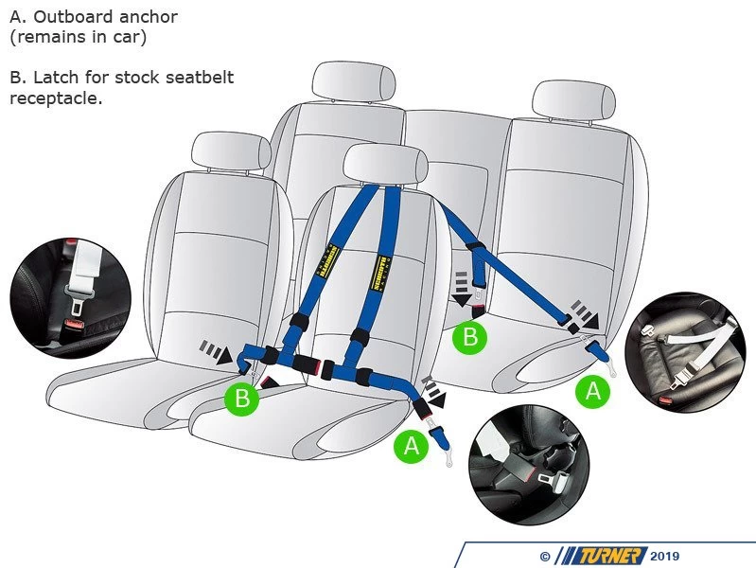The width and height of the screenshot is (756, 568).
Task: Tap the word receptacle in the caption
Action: (55, 98)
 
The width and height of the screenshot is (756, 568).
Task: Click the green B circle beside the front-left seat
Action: (241, 399)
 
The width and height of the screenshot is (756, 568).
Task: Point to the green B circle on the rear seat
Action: (469, 335)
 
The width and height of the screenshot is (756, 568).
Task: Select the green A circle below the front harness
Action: (411, 445)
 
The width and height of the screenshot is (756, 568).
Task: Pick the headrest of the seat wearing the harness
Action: (381, 163)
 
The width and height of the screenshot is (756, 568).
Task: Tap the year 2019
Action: (665, 557)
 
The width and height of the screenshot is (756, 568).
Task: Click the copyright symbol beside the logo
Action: (544, 557)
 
